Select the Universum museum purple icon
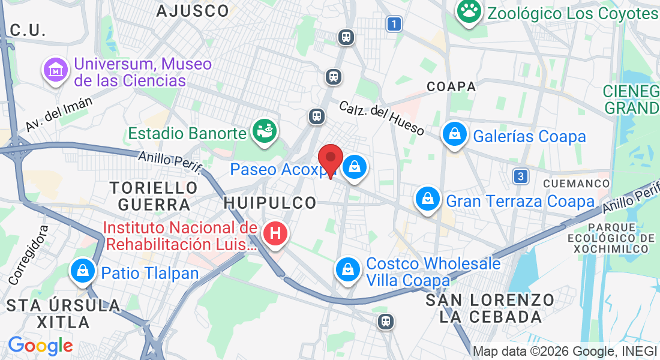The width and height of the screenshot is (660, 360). coord(56,70)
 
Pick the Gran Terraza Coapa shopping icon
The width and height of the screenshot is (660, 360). coord(428,199)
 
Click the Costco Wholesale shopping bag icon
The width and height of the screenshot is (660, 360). coord(347,270)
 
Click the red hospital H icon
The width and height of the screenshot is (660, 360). coord(275,233)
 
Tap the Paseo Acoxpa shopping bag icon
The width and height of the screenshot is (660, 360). coord(355,167)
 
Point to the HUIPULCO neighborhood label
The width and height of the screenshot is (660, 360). coord(270,203)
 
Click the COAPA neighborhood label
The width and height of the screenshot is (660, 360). coord(451,86)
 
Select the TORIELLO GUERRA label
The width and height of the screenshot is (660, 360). coord(154,196)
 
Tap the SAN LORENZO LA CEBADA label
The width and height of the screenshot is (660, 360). coord(490,308)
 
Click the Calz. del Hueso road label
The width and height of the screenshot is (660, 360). coord(381,118)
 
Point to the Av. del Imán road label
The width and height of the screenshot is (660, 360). coord(59,114)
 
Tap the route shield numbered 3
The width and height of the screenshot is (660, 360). coord(521,176)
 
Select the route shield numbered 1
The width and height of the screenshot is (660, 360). coord(393,24)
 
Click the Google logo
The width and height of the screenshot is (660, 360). coord(40,346)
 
